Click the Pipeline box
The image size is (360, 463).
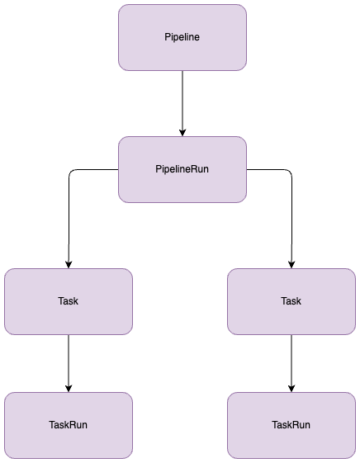182,37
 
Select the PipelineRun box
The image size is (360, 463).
182,169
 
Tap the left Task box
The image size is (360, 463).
69,301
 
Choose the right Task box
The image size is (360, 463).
291,301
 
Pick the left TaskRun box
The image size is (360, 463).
69,425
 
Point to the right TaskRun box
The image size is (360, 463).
291,425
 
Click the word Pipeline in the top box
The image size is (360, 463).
182,37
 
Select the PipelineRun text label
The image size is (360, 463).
182,169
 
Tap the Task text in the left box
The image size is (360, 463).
69,301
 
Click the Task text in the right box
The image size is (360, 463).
291,301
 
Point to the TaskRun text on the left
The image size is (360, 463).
69,425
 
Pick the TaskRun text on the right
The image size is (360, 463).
291,425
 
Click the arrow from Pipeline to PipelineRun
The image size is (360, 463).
182,104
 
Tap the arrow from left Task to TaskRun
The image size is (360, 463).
69,363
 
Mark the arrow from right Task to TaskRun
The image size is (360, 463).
291,363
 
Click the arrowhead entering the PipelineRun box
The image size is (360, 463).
182,133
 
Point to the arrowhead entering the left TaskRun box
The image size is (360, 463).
69,389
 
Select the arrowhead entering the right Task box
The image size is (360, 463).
291,265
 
